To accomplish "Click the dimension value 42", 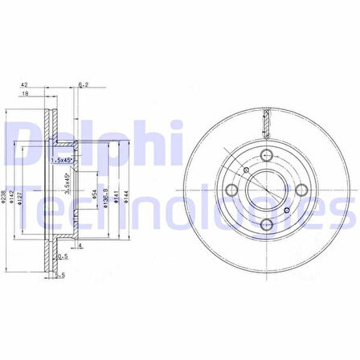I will [24, 84].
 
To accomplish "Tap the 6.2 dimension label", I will [82, 84].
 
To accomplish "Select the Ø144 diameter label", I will [126, 198].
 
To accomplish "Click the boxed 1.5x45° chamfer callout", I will [60, 160].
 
